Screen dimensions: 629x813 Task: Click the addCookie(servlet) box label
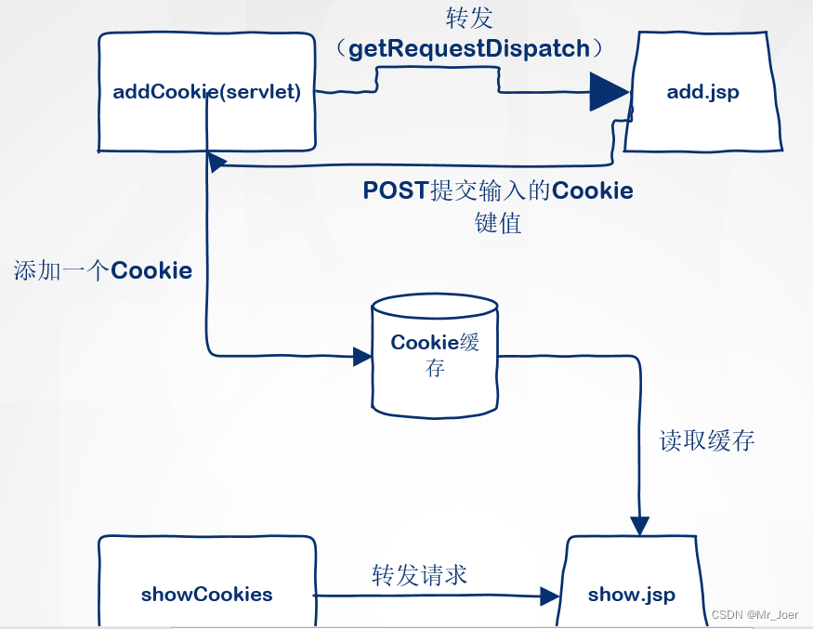pyautogui.click(x=206, y=92)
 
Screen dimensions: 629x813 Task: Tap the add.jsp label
pyautogui.click(x=703, y=92)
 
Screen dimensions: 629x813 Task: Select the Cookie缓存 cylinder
pyautogui.click(x=435, y=356)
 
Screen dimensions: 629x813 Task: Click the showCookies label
pyautogui.click(x=207, y=595)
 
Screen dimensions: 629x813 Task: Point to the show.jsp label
pyautogui.click(x=632, y=595)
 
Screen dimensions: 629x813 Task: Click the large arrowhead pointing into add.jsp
pyautogui.click(x=610, y=92)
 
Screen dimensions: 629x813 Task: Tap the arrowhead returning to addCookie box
pyautogui.click(x=216, y=163)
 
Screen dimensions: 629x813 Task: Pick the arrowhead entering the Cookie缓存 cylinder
pyautogui.click(x=361, y=356)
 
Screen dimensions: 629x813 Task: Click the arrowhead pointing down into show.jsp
pyautogui.click(x=640, y=525)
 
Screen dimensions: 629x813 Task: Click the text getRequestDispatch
pyautogui.click(x=469, y=48)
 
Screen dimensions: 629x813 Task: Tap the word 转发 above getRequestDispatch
pyautogui.click(x=469, y=18)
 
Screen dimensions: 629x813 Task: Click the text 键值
pyautogui.click(x=498, y=223)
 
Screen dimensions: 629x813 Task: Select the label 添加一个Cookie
pyautogui.click(x=103, y=271)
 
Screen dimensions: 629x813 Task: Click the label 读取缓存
pyautogui.click(x=707, y=440)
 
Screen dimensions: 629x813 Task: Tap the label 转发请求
pyautogui.click(x=419, y=575)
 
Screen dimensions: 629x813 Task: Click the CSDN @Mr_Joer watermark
pyautogui.click(x=754, y=614)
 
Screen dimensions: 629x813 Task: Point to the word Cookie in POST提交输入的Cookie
pyautogui.click(x=592, y=191)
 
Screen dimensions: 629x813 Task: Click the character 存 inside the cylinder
pyautogui.click(x=435, y=368)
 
